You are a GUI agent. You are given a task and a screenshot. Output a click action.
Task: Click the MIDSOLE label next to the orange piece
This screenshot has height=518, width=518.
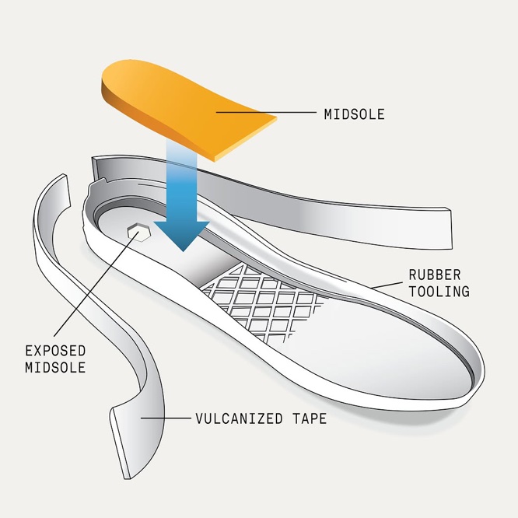pos(354,114)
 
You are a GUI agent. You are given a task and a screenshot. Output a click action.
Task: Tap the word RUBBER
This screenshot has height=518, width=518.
pos(435,275)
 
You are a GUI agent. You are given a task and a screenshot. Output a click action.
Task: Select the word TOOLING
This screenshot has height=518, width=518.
pos(439,292)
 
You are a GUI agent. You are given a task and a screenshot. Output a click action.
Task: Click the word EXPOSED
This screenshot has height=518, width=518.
pos(55,351)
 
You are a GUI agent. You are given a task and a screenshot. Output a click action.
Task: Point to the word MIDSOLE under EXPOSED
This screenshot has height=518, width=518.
pos(55,367)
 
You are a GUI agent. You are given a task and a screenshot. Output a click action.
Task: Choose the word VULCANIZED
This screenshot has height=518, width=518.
pos(240,418)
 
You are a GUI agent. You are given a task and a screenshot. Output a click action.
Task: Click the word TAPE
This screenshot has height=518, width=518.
pos(310,418)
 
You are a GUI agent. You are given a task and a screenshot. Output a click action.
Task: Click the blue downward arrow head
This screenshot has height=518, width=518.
pos(182,235)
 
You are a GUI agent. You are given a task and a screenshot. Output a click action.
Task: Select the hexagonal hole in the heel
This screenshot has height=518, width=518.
pos(139,233)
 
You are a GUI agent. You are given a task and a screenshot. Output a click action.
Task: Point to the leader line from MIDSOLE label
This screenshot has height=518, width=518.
pos(266,112)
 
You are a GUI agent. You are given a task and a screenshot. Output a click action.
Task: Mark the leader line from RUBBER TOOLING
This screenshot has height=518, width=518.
pos(387,285)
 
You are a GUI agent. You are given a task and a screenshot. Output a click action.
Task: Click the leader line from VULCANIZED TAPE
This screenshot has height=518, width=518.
pos(166,418)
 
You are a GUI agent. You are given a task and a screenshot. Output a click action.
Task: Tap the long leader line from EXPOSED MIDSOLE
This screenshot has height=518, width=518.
pos(96,283)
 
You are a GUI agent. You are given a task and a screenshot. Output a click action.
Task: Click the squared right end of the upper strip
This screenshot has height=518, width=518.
pos(448,229)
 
